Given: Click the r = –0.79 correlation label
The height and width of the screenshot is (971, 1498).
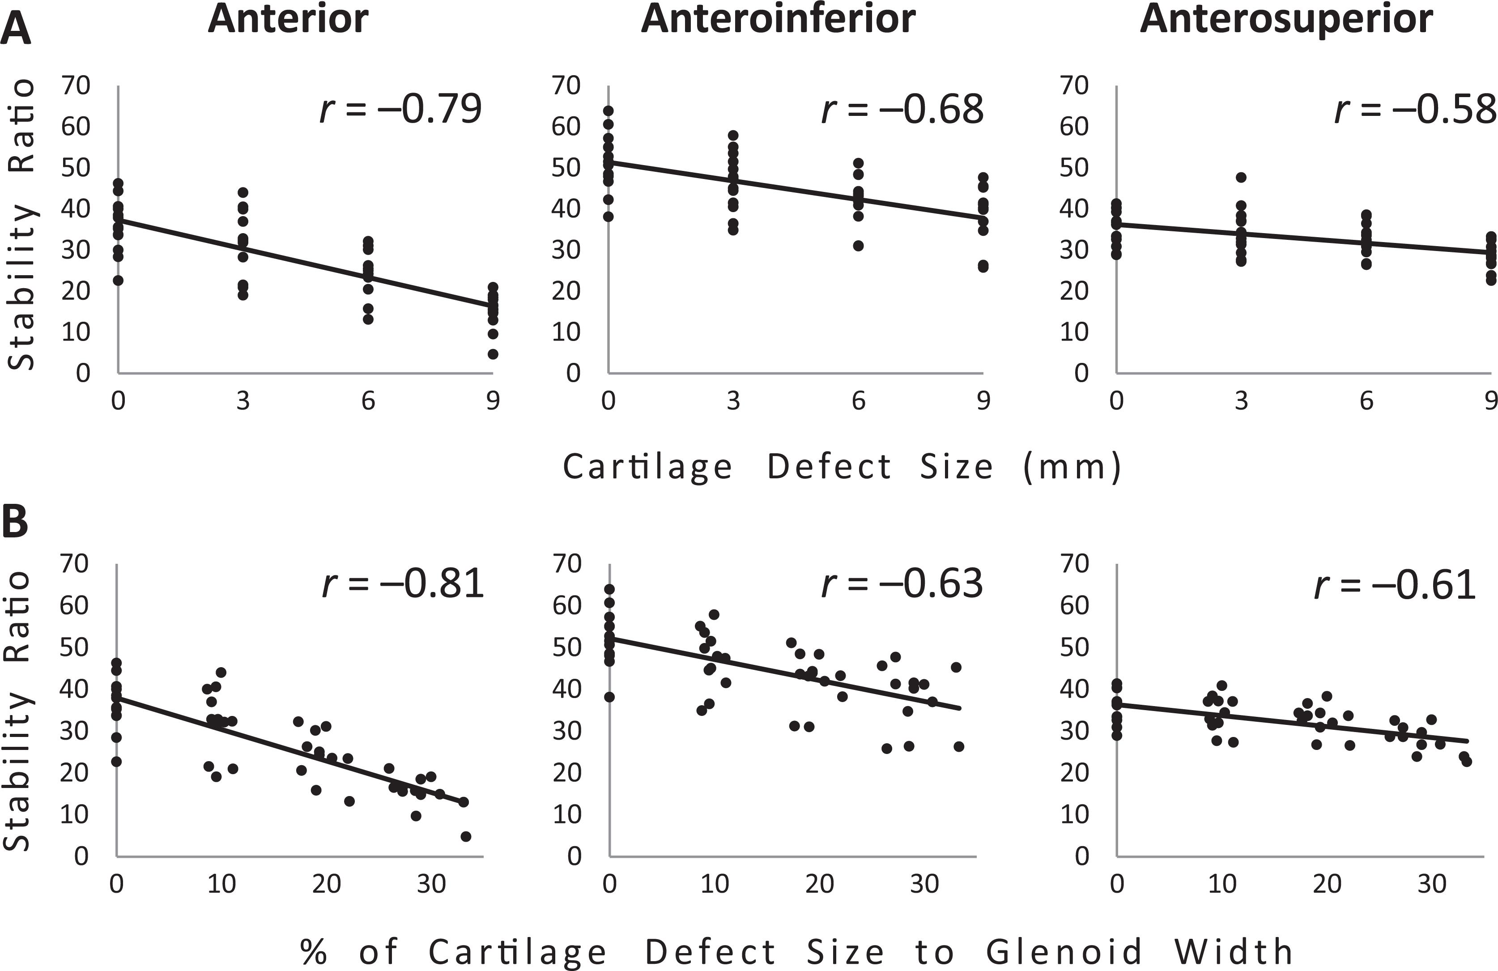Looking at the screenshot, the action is pos(401,108).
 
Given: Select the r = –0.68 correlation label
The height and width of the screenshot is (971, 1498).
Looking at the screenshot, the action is pos(902,108).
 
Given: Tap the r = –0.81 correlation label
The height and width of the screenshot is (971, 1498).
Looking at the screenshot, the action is pos(403,583).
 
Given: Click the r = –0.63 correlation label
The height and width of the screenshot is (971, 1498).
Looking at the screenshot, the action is pos(902,583).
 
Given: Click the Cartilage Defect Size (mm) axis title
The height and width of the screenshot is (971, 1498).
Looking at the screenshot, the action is pos(842,467).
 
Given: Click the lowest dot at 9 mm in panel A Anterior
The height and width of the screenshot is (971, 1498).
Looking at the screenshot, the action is pos(493,354).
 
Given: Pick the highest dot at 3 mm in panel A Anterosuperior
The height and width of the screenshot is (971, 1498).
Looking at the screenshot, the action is pos(1241,178).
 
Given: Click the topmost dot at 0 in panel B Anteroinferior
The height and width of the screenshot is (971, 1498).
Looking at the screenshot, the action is pos(609,589).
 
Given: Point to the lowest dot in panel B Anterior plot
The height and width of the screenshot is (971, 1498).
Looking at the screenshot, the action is pos(466,836).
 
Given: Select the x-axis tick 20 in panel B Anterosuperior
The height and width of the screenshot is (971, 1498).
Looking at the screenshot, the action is pos(1327,884).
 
